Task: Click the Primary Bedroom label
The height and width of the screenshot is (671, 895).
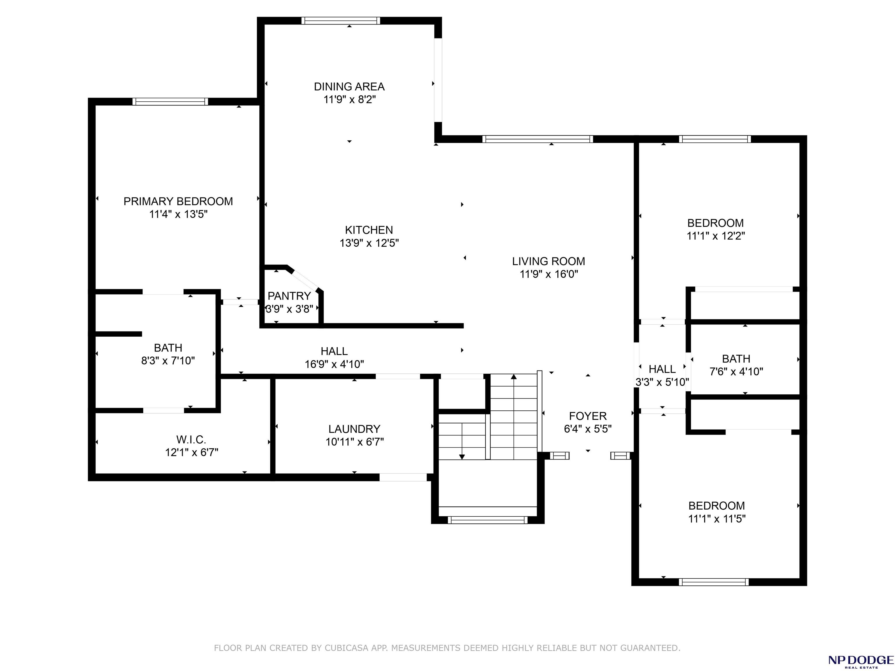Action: [x=178, y=202]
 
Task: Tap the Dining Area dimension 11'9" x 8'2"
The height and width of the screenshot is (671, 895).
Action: [x=350, y=100]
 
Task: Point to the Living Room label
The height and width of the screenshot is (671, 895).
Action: [x=549, y=261]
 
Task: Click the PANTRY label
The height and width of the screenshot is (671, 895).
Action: [x=289, y=296]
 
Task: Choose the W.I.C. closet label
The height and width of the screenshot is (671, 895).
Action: [x=191, y=439]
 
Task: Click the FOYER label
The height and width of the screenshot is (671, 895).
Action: [x=588, y=416]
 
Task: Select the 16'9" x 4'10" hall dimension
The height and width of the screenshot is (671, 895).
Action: [x=334, y=364]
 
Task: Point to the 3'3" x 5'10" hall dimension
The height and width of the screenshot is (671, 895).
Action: [x=662, y=382]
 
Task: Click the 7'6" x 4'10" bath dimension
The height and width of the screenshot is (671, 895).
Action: [x=737, y=372]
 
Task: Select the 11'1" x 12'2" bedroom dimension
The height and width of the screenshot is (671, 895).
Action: [x=716, y=236]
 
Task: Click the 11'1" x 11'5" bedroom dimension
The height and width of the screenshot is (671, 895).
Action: [x=717, y=518]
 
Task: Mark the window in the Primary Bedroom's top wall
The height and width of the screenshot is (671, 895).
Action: [x=170, y=102]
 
